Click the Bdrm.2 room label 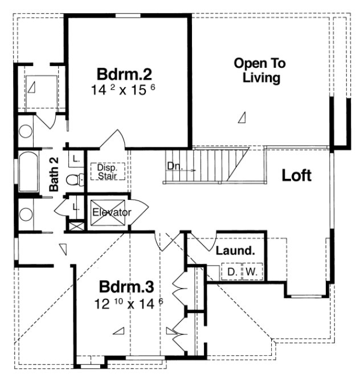[x=124, y=75]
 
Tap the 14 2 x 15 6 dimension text [x=124, y=90]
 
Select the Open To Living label [x=260, y=71]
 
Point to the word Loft [x=297, y=175]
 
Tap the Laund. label [x=234, y=250]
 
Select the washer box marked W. [x=251, y=272]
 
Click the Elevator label [x=112, y=212]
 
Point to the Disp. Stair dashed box [x=107, y=171]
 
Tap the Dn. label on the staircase [x=174, y=166]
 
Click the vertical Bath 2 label [x=54, y=174]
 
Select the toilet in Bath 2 [x=73, y=180]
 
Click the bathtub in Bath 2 [x=27, y=172]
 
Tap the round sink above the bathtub [x=26, y=131]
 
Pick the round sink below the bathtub [x=26, y=215]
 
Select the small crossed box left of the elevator [x=74, y=224]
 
